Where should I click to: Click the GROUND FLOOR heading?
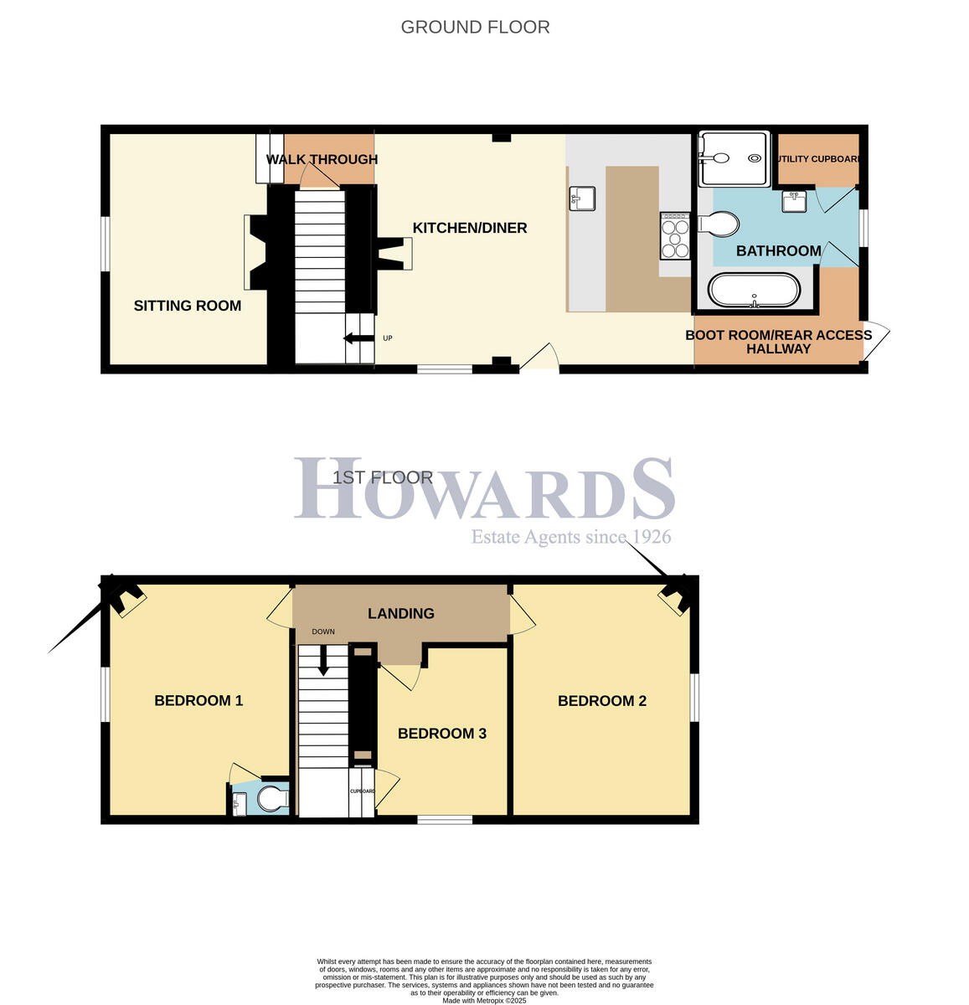click(475, 27)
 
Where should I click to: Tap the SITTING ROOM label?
click(188, 306)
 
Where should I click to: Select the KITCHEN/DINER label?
click(470, 228)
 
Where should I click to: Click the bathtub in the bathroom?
click(755, 291)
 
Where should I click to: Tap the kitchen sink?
click(582, 198)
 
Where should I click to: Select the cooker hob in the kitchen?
click(675, 237)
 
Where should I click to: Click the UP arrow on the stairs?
click(358, 338)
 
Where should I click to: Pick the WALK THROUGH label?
click(322, 159)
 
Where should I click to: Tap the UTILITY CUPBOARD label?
click(819, 159)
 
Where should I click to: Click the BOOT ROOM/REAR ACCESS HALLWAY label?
click(778, 342)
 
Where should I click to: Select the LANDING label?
click(401, 614)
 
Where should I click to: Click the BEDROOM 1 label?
click(198, 701)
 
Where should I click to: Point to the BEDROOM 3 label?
click(441, 734)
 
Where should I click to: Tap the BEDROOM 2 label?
click(602, 701)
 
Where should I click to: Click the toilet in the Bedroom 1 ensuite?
click(270, 799)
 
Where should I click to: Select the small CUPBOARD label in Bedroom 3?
click(362, 791)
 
